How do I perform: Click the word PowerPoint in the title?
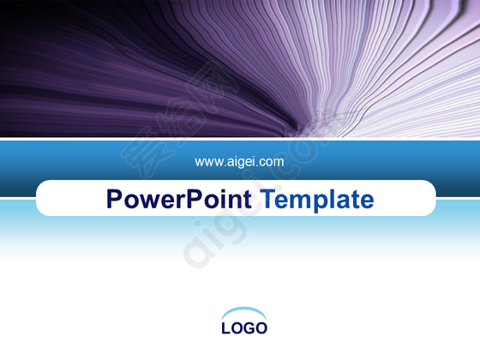click(179, 199)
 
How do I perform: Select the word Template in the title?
click(318, 201)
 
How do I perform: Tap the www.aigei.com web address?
click(239, 162)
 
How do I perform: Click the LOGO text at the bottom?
click(244, 327)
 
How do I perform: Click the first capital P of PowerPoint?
click(114, 199)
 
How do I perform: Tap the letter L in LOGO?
click(226, 327)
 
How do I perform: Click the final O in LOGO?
click(261, 327)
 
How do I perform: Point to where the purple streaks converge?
click(302, 131)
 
